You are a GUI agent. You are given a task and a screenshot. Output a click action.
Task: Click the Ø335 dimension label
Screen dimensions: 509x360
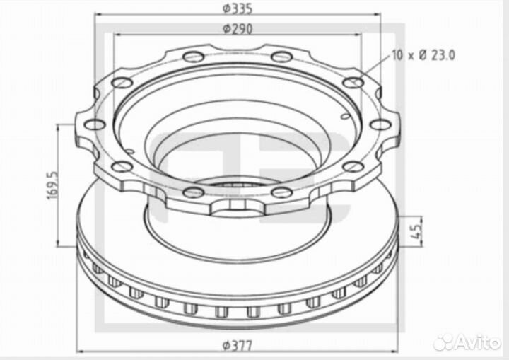pos(237,8)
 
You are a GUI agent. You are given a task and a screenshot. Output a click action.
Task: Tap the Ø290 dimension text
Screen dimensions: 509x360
pos(237,29)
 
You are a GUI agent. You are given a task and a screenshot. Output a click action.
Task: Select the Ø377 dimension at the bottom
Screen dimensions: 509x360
pos(237,345)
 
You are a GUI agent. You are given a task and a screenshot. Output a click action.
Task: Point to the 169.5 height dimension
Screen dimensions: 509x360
pos(52,185)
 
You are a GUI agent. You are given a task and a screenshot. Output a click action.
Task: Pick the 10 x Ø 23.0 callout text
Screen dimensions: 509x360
pos(423,55)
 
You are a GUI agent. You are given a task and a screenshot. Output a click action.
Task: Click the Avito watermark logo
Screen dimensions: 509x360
pos(467,342)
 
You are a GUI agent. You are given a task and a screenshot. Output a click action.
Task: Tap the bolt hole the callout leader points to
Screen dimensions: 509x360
pos(353,83)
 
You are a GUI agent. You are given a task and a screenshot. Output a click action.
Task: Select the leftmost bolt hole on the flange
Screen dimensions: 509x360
pos(95,124)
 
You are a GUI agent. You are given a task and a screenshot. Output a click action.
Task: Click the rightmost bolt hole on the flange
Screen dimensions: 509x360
pos(380,124)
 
